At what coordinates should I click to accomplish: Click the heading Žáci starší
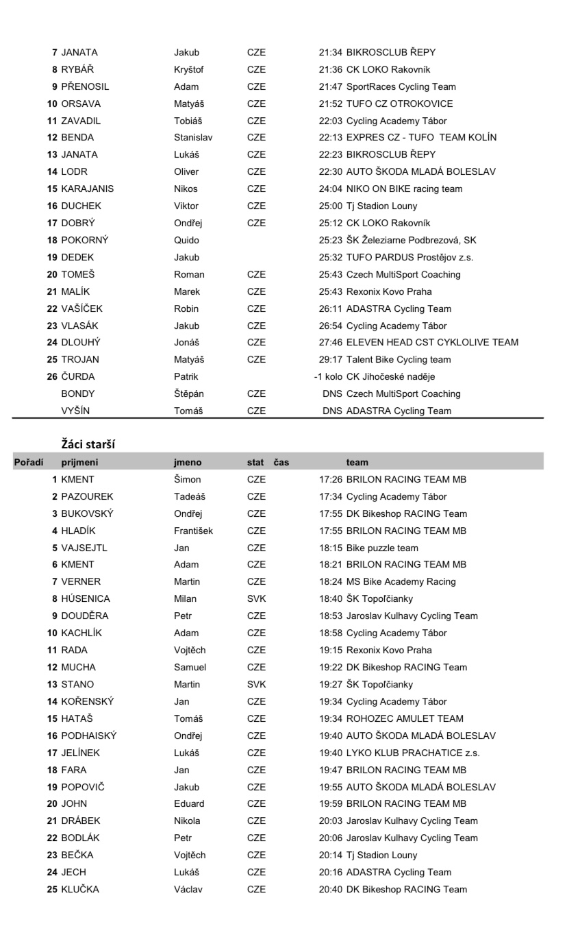click(x=88, y=444)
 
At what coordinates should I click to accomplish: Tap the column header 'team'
click(x=357, y=463)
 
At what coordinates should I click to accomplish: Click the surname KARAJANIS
click(x=88, y=189)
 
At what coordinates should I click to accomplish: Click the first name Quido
click(x=186, y=240)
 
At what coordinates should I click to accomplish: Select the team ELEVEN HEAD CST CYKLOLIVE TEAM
click(x=432, y=342)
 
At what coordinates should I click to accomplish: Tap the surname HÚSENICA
click(x=86, y=598)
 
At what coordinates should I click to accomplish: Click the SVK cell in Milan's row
click(x=257, y=598)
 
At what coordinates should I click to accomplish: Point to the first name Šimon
click(x=188, y=479)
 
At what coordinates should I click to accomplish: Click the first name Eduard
click(x=189, y=803)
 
